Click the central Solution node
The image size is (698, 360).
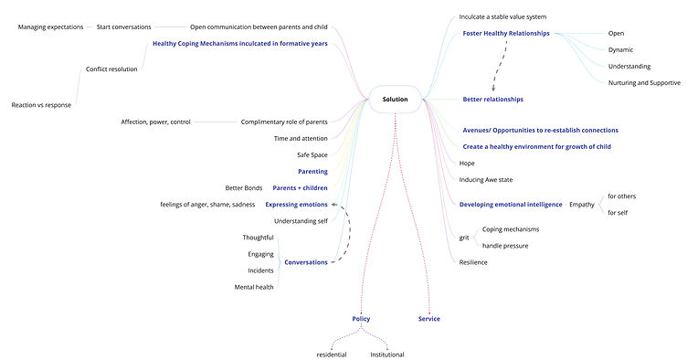coord(395,99)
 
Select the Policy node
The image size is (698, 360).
coord(361,319)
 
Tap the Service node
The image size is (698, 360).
coord(429,319)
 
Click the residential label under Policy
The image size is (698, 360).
coord(332,355)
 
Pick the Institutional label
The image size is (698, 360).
coord(387,355)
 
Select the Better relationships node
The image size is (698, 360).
coord(493,99)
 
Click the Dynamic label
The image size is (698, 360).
coord(620,50)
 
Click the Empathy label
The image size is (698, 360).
coord(582,205)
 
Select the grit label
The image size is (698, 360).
coord(464,238)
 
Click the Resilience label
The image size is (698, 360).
coord(473,262)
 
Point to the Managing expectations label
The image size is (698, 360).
coord(50,26)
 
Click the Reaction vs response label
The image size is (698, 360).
coord(41,104)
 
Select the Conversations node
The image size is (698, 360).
coord(306,262)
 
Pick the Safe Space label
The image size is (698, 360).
coord(312,155)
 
